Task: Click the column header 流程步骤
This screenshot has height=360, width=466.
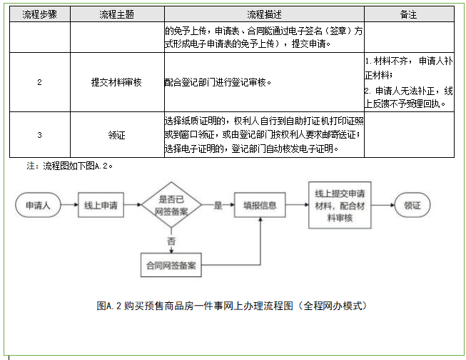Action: [x=39, y=14]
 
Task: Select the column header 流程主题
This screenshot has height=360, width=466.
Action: [x=116, y=14]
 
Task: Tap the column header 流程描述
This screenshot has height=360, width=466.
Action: [x=263, y=14]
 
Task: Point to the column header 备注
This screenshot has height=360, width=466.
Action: [x=409, y=14]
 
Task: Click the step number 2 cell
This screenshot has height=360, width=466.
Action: [x=39, y=82]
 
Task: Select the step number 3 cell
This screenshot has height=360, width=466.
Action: [x=39, y=134]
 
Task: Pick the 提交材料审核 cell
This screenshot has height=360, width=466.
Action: [x=116, y=82]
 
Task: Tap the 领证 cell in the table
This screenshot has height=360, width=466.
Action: [x=116, y=134]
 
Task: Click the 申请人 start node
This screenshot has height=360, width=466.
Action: [x=38, y=206]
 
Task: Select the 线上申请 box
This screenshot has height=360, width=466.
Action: [x=100, y=206]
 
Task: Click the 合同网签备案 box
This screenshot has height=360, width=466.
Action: [x=171, y=265]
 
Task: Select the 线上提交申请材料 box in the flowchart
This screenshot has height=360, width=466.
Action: [x=340, y=206]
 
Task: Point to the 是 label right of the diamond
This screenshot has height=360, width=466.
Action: [x=218, y=205]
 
